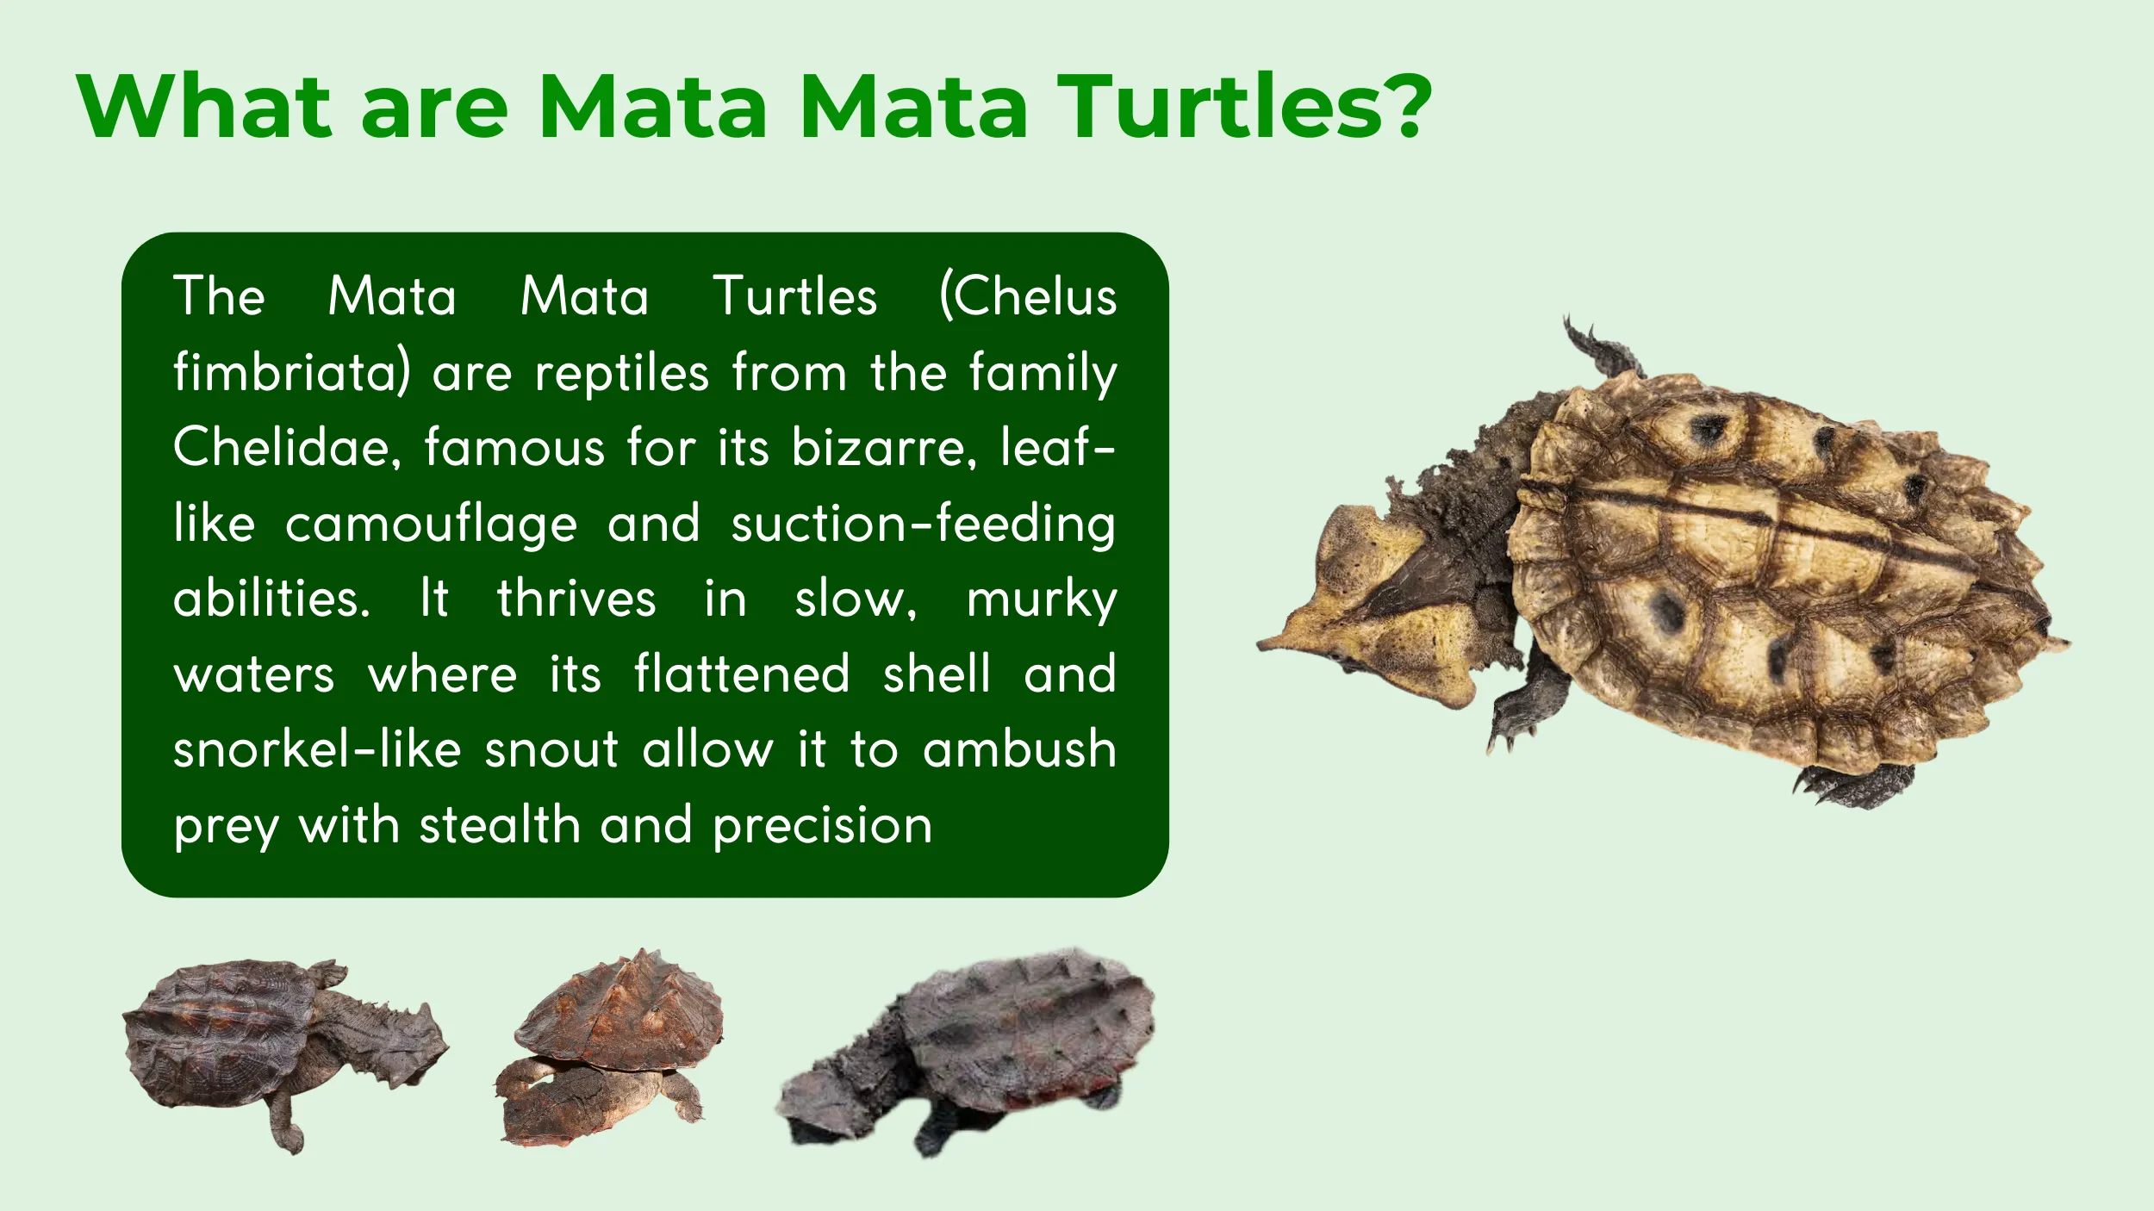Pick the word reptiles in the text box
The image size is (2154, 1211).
622,372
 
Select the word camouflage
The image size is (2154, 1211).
431,524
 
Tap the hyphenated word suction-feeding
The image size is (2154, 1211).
923,524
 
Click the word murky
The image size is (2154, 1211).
1041,599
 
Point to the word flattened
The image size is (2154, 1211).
742,674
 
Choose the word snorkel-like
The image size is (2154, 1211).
318,749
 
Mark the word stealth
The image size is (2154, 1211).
500,825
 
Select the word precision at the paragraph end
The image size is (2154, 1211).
823,825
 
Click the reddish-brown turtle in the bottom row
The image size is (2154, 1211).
612,1051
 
